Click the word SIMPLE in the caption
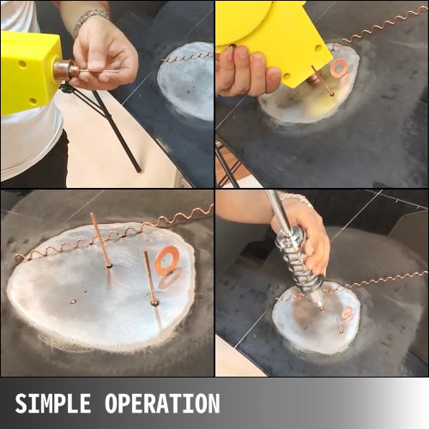point(53,403)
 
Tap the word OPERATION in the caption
point(162,403)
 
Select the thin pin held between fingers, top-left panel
point(97,70)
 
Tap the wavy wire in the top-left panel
point(187,57)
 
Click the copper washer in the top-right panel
point(339,69)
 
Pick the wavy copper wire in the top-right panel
point(380,27)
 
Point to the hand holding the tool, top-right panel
point(246,71)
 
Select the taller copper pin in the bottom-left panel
point(100,240)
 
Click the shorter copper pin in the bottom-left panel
point(150,277)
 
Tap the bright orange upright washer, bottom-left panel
point(167,259)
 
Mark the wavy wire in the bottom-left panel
point(114,234)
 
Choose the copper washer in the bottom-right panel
point(347,312)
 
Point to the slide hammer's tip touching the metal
point(321,308)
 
